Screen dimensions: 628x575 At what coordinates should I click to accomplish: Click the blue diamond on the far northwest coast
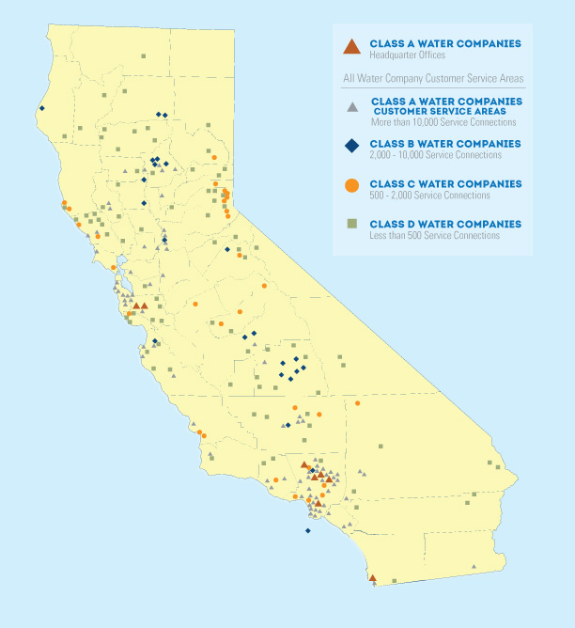(x=42, y=108)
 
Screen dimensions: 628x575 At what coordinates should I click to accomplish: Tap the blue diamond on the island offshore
(x=308, y=530)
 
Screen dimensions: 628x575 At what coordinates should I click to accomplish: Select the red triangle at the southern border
(x=372, y=578)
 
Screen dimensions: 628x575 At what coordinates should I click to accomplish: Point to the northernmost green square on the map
(x=143, y=56)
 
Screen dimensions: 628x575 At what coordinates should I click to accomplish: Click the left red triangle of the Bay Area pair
(x=136, y=306)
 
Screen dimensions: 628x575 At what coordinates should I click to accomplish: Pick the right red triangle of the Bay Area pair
(x=145, y=306)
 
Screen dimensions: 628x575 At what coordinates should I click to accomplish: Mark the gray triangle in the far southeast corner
(x=474, y=565)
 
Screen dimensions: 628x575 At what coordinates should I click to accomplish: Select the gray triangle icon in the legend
(x=351, y=106)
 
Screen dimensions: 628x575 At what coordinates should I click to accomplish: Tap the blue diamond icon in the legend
(x=351, y=145)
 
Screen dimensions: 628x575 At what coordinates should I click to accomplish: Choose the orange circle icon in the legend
(x=351, y=185)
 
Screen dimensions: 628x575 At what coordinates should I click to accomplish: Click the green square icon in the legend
(x=351, y=225)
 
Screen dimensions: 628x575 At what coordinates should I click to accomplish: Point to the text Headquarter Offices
(x=405, y=55)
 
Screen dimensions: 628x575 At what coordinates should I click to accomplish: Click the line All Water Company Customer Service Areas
(x=433, y=78)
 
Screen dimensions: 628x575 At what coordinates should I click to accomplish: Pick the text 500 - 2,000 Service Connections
(x=430, y=195)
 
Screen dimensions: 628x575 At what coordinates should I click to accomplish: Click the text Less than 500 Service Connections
(x=435, y=235)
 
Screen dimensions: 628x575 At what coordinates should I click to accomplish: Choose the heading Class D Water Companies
(x=445, y=224)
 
